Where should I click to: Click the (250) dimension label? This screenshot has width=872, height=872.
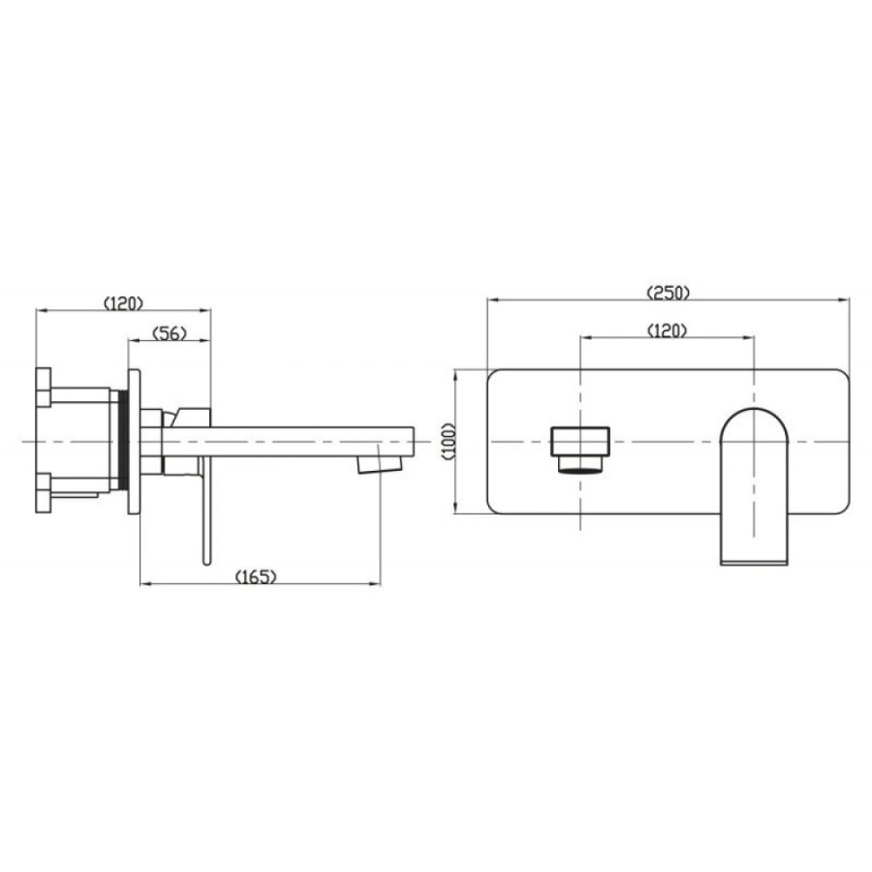668,293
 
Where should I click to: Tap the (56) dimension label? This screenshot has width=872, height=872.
170,333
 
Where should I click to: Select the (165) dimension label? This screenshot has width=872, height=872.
256,576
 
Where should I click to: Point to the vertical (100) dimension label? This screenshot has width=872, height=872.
449,441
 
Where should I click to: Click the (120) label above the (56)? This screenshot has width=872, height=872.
123,303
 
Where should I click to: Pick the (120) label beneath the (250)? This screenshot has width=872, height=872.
668,331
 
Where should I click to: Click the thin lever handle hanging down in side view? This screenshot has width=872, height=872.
206,511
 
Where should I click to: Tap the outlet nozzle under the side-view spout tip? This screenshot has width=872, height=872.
379,464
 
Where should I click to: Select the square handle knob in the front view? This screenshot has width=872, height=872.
580,442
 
